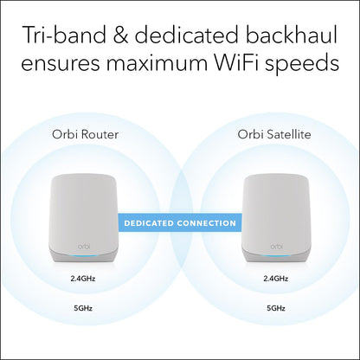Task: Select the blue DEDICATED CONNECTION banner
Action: click(180, 223)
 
